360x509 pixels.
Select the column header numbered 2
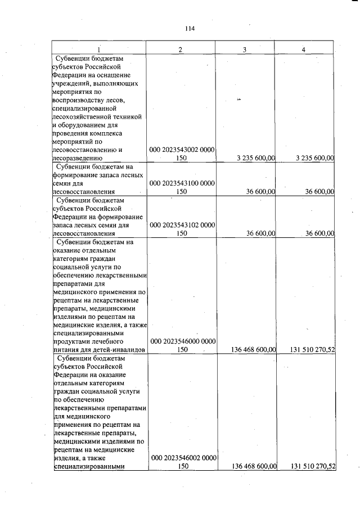[180, 49]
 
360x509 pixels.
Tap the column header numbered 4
[303, 49]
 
